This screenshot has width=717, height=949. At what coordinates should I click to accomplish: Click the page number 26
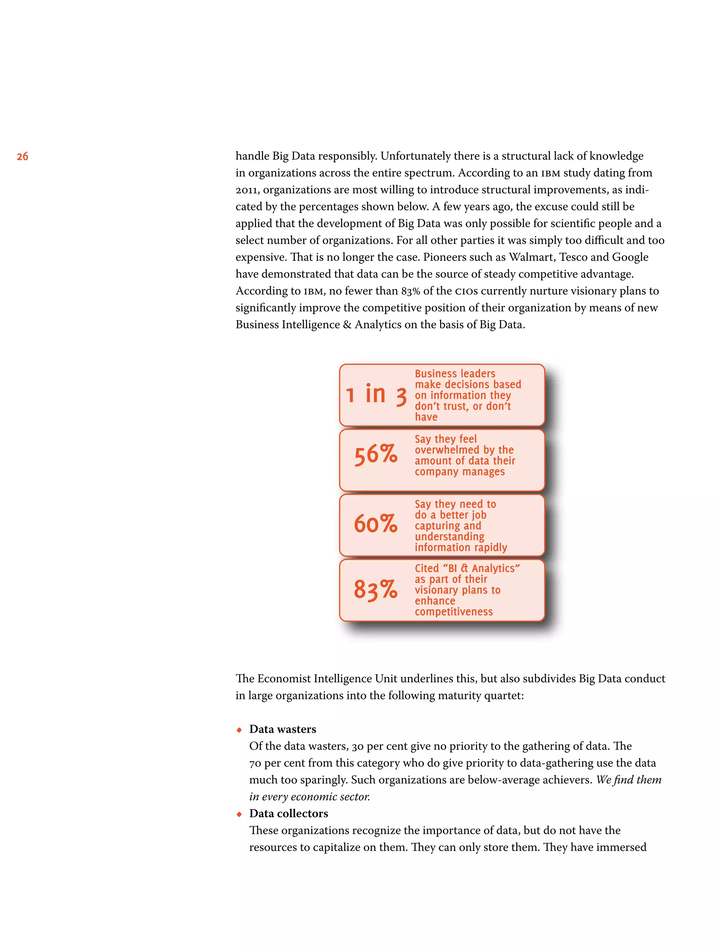click(22, 156)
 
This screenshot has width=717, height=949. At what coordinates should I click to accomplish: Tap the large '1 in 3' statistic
click(376, 395)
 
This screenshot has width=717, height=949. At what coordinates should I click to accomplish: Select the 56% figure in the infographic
click(375, 454)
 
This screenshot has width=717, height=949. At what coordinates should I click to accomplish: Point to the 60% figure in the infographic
click(375, 523)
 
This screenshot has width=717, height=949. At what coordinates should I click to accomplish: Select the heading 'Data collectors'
click(288, 814)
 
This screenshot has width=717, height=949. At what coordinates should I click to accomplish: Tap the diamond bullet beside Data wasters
click(239, 730)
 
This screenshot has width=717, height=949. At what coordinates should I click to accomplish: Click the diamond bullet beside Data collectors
click(239, 814)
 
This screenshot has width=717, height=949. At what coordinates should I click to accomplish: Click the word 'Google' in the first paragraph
click(630, 257)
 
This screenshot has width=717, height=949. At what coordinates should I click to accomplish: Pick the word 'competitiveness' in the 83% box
click(453, 612)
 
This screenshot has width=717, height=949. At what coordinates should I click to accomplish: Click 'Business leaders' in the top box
click(455, 374)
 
